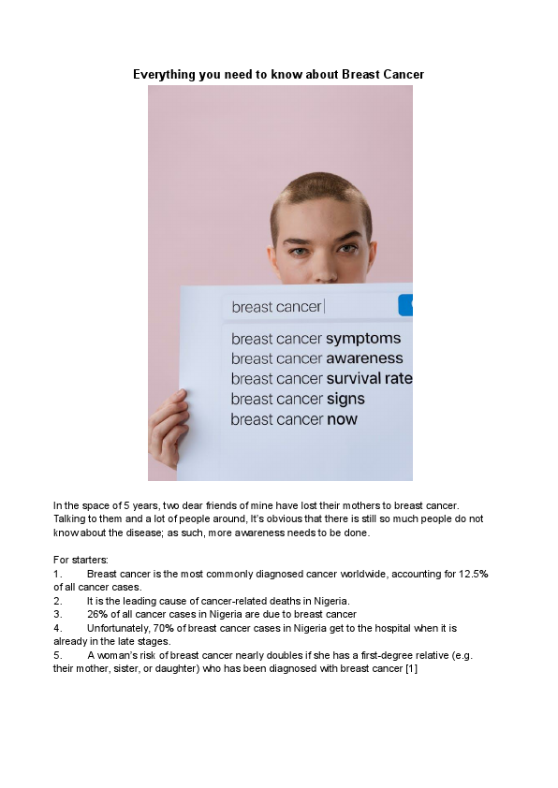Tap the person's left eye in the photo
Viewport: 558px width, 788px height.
point(348,250)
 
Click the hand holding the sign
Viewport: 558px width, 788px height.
point(169,426)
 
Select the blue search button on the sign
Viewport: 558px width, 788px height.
point(405,305)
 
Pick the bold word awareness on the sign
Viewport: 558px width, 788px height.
point(364,358)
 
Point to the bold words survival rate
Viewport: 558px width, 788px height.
point(369,379)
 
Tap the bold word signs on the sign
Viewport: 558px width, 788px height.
point(345,399)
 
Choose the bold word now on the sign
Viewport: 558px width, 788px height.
point(342,419)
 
